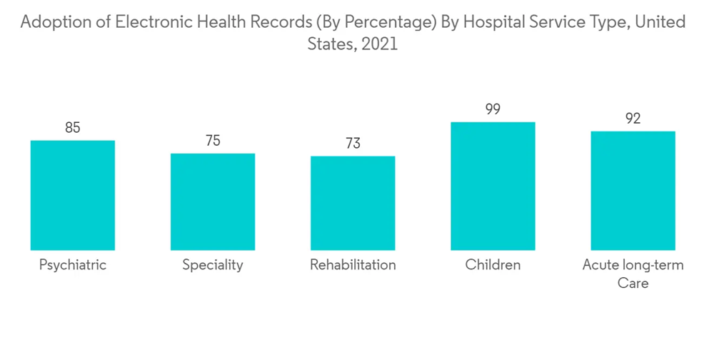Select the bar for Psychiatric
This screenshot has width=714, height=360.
click(73, 195)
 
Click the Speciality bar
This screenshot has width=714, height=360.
click(213, 201)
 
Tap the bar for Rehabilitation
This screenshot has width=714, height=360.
click(353, 203)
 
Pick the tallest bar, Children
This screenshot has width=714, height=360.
click(493, 186)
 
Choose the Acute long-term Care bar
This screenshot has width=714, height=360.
click(633, 191)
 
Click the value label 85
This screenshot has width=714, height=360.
click(73, 129)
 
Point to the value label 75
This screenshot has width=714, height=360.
click(213, 141)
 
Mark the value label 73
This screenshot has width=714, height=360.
click(353, 144)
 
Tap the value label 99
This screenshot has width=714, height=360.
click(493, 110)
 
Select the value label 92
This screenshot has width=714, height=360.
click(633, 119)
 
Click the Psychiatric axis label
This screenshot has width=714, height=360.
click(73, 265)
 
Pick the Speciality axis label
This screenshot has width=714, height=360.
click(213, 265)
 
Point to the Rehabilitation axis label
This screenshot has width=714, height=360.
click(353, 265)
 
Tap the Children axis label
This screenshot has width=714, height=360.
click(493, 265)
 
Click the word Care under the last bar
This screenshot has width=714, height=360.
click(633, 284)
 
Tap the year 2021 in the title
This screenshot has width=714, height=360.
click(380, 44)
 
